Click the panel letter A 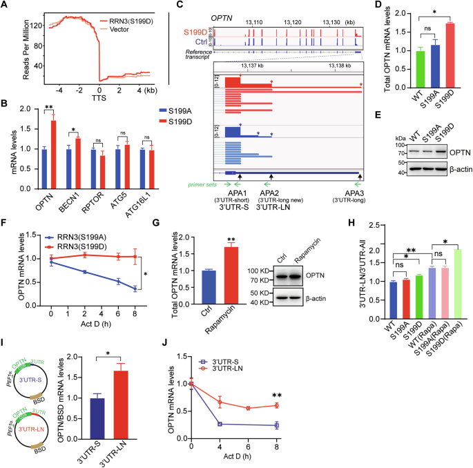[5, 6]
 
